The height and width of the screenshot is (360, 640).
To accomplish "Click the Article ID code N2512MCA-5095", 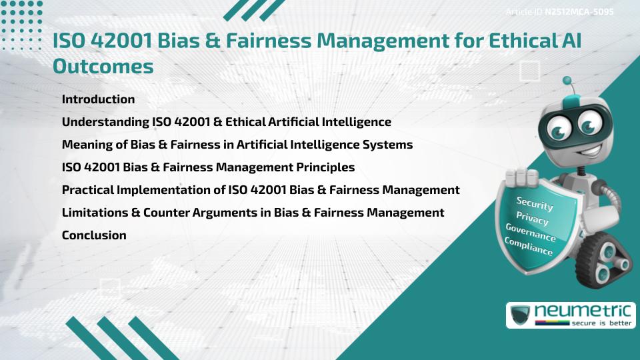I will (579, 13).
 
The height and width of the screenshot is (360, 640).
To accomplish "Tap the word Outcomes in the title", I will (103, 67).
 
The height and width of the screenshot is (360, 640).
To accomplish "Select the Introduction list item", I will (98, 99).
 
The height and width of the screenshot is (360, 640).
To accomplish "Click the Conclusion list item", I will (94, 235).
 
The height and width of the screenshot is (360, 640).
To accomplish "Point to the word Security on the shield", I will (535, 204).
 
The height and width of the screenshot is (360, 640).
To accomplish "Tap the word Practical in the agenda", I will (88, 189).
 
